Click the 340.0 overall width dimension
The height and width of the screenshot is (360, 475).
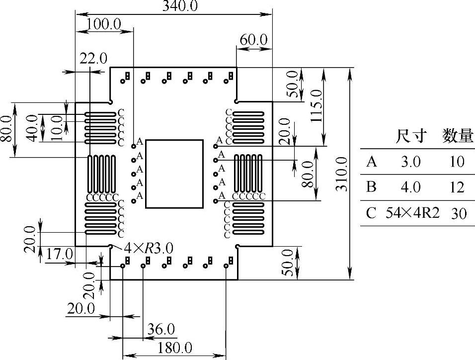(180, 6)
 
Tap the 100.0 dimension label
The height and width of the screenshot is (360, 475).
(104, 24)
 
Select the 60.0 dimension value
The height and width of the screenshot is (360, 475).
(253, 40)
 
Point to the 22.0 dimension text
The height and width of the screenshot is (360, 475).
(93, 58)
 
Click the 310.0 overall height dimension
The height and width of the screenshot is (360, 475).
(342, 174)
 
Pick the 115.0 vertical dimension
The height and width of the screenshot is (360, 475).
(317, 106)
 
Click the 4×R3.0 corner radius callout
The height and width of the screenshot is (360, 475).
(149, 249)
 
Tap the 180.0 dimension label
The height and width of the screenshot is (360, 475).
(175, 348)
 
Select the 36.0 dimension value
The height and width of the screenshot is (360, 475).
(161, 329)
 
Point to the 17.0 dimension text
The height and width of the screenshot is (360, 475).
(60, 254)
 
